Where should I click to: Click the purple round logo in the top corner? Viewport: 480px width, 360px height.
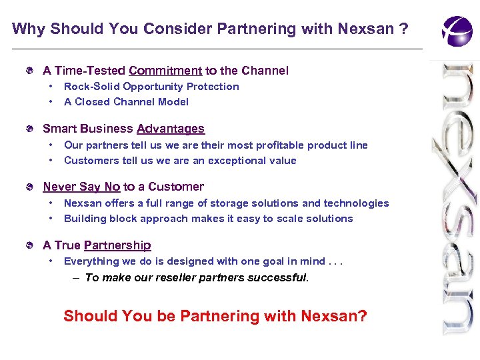[457, 31]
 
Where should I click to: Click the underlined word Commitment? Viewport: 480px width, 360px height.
[165, 71]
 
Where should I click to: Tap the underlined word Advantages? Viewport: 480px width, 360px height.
[171, 129]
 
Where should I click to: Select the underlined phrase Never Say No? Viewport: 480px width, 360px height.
[81, 187]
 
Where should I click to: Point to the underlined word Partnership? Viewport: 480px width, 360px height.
[117, 245]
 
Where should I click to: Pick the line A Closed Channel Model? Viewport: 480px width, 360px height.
[126, 102]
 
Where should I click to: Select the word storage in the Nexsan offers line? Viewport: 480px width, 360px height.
[227, 203]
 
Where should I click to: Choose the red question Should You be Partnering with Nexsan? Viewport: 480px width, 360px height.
[215, 316]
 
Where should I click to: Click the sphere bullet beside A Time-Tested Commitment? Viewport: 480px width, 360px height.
[29, 71]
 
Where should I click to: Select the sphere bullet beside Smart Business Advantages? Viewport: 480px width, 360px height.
[29, 129]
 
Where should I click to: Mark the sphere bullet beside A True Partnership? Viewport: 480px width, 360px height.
[29, 245]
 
